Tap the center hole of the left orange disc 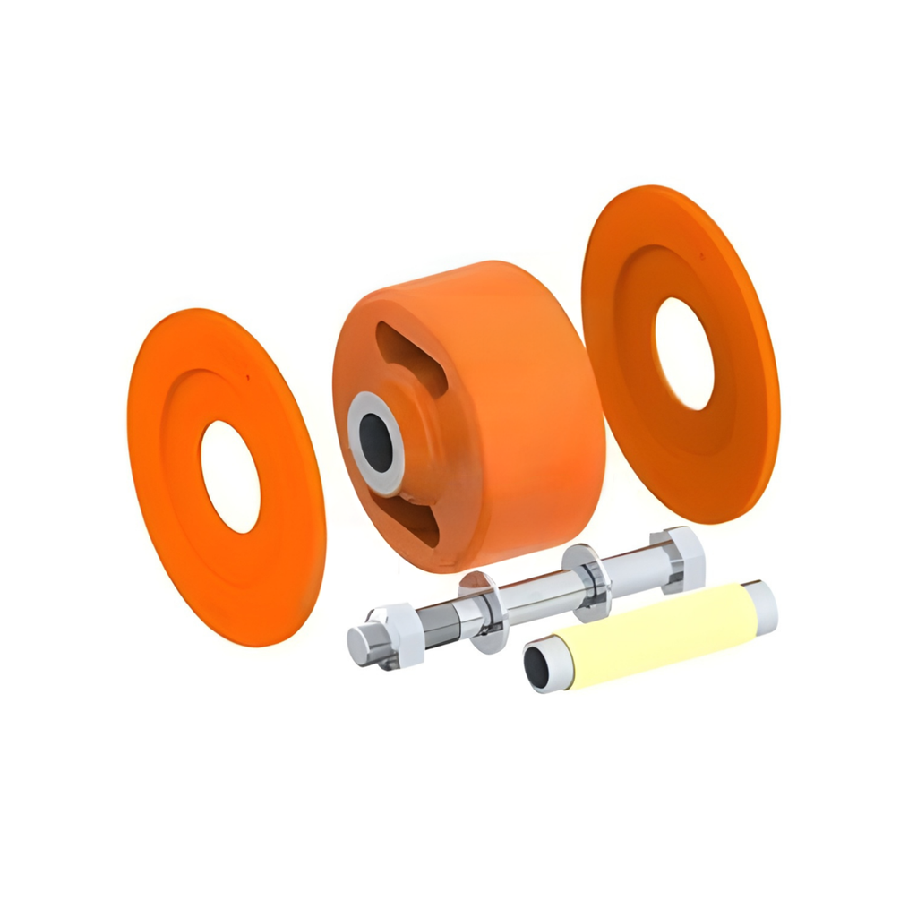(x=230, y=476)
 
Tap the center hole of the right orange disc (x=684, y=354)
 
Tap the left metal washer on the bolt (x=484, y=613)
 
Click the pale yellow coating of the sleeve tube (x=654, y=631)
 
